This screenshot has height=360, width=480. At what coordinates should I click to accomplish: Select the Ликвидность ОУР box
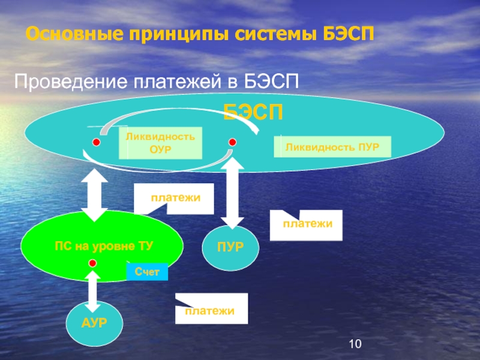tap(160, 143)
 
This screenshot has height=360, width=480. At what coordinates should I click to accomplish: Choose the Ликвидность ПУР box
tap(332, 146)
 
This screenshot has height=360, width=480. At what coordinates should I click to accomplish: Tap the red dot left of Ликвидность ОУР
tap(95, 142)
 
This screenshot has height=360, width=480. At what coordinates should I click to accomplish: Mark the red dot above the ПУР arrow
tap(232, 142)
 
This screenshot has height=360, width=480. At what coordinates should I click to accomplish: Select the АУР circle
tap(94, 323)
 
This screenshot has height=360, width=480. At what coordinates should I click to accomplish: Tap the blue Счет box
tap(147, 272)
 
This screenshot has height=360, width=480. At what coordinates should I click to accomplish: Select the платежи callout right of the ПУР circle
tap(307, 224)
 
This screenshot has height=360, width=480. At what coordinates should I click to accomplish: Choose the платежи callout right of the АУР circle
tap(211, 308)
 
